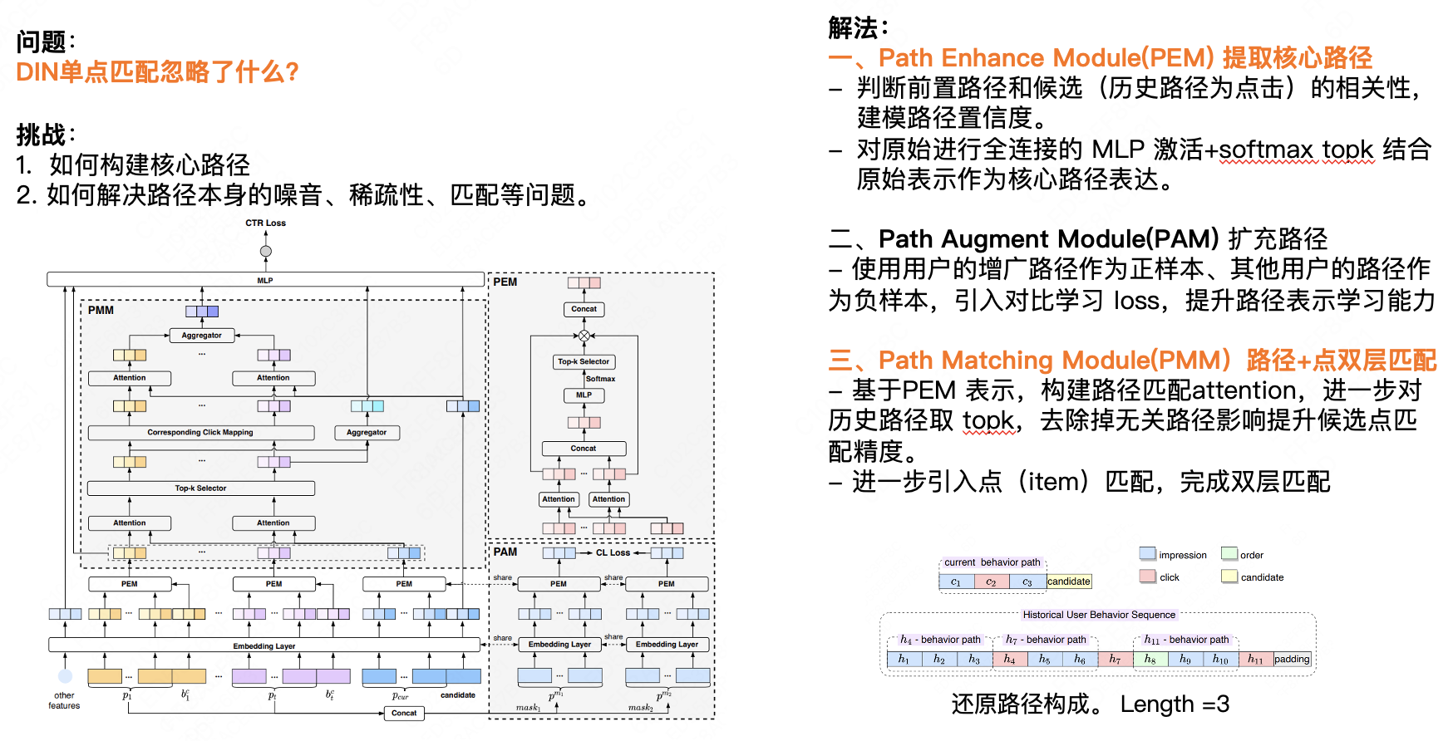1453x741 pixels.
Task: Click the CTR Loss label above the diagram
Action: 265,223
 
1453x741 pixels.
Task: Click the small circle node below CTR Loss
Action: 266,251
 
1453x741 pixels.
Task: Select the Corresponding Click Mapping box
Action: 200,433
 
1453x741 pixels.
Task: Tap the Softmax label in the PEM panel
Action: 600,379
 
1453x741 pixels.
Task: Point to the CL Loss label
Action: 613,552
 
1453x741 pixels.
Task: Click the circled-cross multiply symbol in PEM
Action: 584,336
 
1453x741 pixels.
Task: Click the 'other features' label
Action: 64,700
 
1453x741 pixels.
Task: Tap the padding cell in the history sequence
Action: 1292,660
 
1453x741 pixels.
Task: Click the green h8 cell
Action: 1150,660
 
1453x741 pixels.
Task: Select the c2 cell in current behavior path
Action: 991,582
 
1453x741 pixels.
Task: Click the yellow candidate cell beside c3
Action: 1068,582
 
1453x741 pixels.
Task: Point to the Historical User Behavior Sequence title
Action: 1099,615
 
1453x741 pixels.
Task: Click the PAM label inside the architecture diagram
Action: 505,552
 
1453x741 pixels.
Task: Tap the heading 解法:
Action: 858,28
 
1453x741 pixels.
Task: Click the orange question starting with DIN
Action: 157,72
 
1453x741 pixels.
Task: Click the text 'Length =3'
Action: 1175,704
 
